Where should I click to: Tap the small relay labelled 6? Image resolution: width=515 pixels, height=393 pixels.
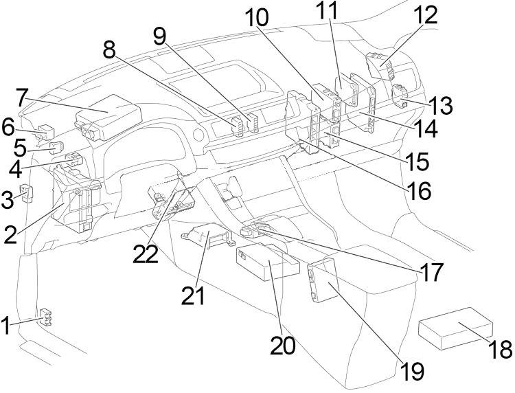click(x=47, y=129)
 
